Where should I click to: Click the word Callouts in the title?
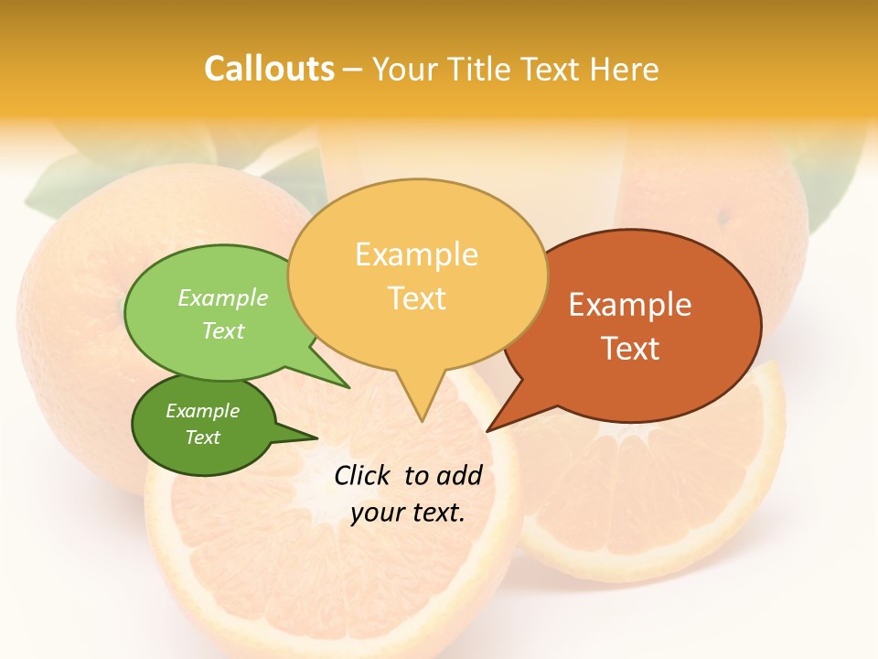pyautogui.click(x=269, y=70)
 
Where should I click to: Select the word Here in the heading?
pyautogui.click(x=625, y=70)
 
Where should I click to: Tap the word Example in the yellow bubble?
pyautogui.click(x=416, y=254)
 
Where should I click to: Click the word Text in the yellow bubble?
pyautogui.click(x=416, y=298)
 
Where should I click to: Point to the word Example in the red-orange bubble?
pyautogui.click(x=630, y=305)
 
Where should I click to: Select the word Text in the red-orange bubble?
pyautogui.click(x=630, y=349)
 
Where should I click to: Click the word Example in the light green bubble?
pyautogui.click(x=223, y=298)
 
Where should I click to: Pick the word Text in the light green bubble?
pyautogui.click(x=223, y=330)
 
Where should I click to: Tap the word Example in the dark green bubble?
pyautogui.click(x=202, y=411)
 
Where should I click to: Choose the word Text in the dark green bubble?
pyautogui.click(x=202, y=438)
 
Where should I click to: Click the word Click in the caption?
pyautogui.click(x=364, y=475)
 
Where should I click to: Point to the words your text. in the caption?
pyautogui.click(x=408, y=513)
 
